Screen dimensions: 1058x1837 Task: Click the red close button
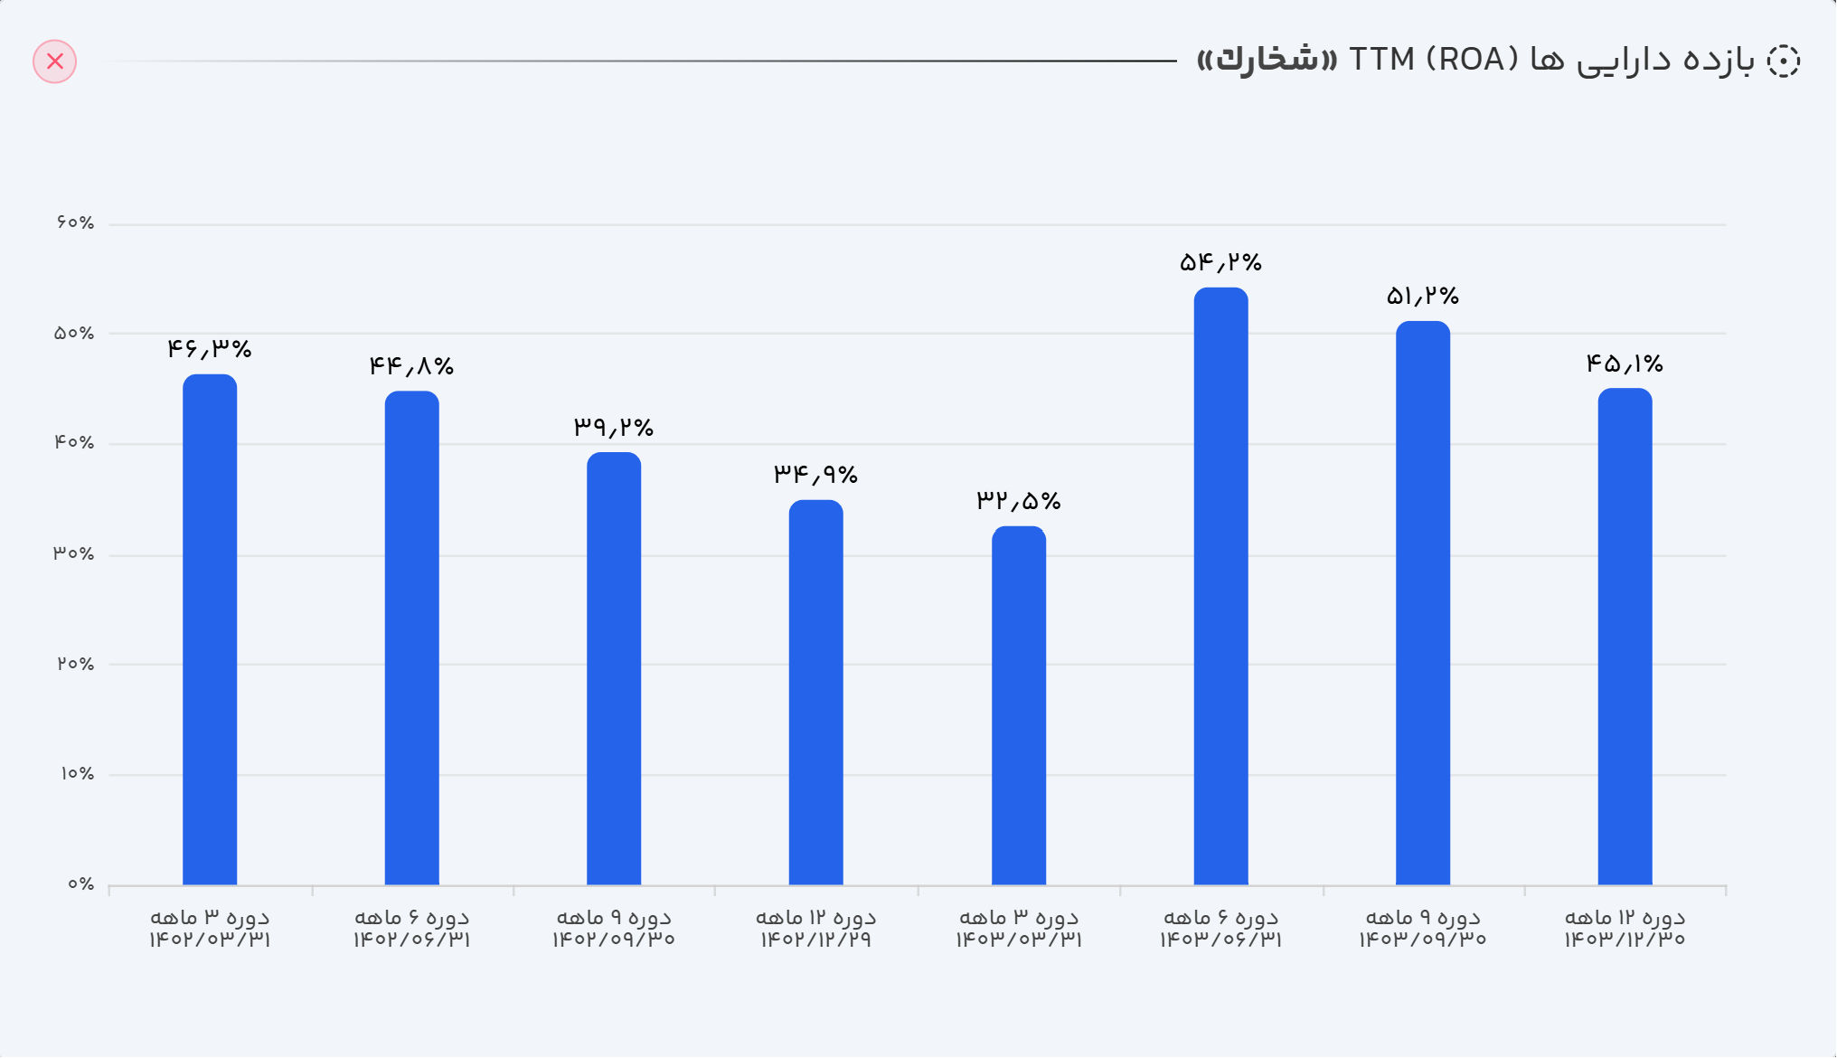55,61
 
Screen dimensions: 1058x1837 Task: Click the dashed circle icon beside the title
1783,61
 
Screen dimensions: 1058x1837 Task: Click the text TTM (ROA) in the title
1433,60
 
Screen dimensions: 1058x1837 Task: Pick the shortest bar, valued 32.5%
1019,705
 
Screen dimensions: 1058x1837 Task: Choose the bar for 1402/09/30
614,668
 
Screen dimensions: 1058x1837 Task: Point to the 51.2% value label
1423,296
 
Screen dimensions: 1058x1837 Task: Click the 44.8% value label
411,366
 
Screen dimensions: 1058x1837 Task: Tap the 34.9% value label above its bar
815,474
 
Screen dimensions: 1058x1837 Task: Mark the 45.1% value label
1625,364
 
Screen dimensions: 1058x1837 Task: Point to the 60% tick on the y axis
75,222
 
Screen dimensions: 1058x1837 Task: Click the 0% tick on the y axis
80,884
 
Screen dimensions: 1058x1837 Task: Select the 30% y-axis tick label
74,553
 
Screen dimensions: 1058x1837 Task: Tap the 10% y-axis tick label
77,774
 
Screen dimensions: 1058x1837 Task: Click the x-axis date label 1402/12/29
815,940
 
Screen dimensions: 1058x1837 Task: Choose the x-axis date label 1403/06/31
1220,940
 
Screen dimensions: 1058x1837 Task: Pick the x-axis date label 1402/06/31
411,940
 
